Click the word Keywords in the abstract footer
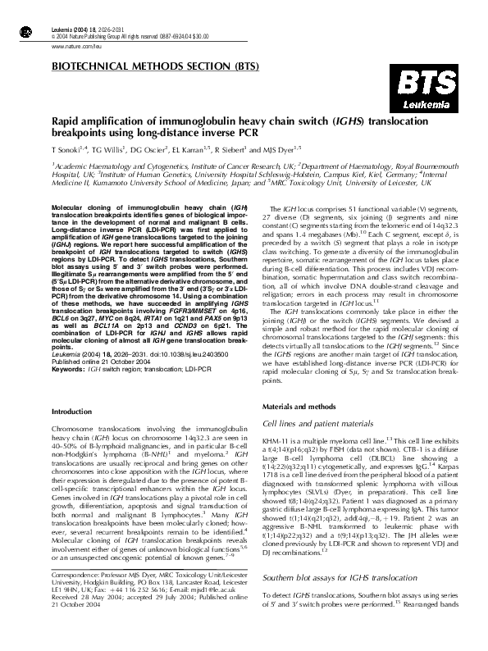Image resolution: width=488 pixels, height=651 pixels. click(67, 370)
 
